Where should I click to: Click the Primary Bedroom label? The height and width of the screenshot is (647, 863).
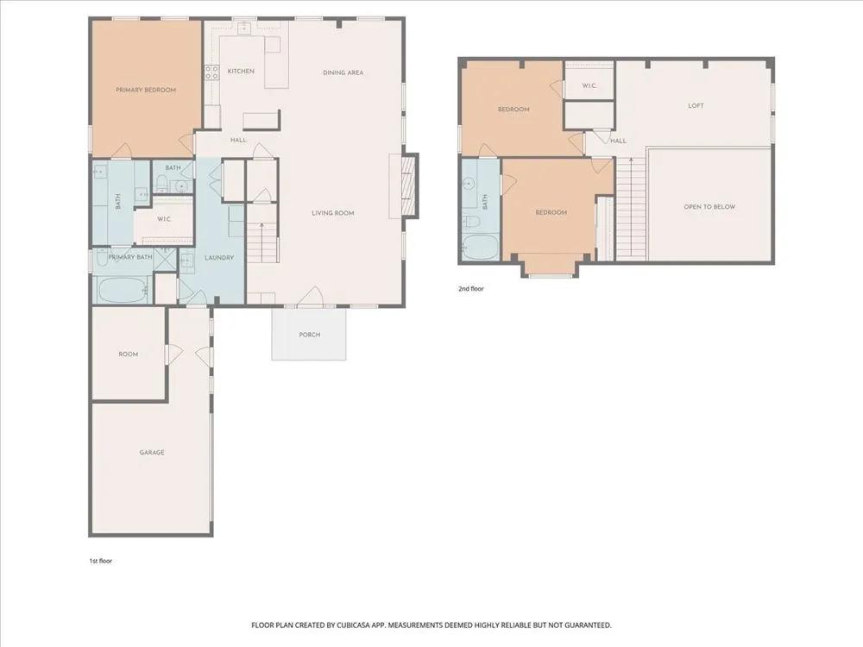[x=146, y=90]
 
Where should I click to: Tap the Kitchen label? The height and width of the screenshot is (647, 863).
[x=241, y=71]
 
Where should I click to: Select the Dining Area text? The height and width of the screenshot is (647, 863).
[x=343, y=72]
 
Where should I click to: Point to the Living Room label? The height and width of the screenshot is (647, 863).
[x=333, y=213]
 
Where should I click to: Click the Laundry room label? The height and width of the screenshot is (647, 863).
[x=219, y=257]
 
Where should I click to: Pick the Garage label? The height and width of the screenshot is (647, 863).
[x=152, y=452]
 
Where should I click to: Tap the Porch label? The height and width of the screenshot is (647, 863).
[x=309, y=335]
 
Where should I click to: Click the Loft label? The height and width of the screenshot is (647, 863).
[x=696, y=105]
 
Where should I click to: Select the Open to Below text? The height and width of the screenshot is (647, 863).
[x=709, y=207]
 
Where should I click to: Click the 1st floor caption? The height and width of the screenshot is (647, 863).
[x=101, y=562]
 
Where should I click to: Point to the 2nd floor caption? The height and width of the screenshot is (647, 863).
[x=471, y=288]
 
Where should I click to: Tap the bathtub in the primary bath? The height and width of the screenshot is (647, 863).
[x=123, y=290]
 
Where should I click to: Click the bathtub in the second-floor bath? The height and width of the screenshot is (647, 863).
[x=481, y=248]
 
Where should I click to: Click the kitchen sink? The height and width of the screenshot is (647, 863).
[x=244, y=28]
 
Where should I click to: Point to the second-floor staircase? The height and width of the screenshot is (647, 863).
[x=631, y=208]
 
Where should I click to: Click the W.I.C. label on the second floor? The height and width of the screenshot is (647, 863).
[x=589, y=85]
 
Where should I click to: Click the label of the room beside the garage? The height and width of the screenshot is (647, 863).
[x=129, y=355]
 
